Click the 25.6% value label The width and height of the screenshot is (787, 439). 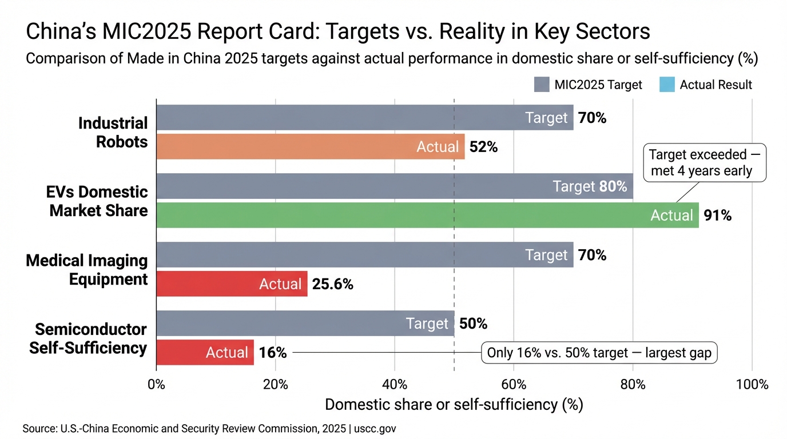[332, 284]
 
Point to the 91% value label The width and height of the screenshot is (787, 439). [718, 215]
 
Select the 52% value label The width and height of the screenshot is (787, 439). [483, 147]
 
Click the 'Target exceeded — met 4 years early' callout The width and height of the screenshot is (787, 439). [705, 163]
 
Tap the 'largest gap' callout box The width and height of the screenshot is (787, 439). [599, 353]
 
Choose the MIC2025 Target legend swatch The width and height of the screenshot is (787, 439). [542, 85]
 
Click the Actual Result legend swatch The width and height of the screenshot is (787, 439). [667, 85]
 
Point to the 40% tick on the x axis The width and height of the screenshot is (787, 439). [394, 384]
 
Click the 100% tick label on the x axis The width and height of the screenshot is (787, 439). [752, 384]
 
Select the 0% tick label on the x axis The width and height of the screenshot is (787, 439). [156, 384]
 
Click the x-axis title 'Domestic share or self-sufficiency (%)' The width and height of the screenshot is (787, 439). [454, 405]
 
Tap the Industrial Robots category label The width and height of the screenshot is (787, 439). [113, 133]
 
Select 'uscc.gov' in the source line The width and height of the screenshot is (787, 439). [377, 428]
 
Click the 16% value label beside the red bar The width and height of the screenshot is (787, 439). [273, 353]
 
